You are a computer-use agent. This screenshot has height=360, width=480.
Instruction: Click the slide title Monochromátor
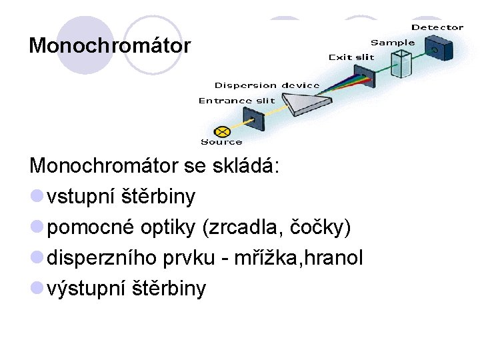point(109,46)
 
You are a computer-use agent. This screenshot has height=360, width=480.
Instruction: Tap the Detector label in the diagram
point(437,27)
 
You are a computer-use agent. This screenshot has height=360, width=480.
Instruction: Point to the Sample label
point(392,43)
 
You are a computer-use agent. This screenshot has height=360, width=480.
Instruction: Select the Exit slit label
point(351,57)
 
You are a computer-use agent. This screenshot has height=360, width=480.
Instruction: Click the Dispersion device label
point(267,85)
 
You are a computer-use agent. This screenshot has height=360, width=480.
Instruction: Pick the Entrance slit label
point(236,101)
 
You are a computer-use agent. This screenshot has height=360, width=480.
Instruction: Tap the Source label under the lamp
point(221,141)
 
